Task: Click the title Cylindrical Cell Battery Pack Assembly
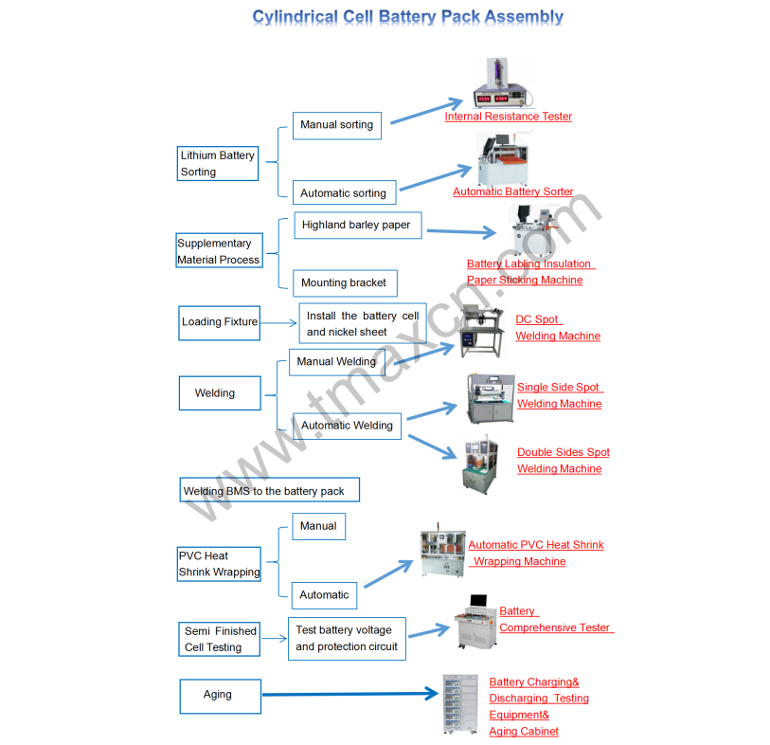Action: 407,17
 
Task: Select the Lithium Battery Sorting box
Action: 218,163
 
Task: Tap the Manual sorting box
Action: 336,125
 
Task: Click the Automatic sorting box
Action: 343,192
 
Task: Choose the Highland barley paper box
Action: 356,226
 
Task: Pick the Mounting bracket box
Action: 343,282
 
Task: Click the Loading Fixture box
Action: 220,322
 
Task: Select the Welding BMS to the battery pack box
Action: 270,491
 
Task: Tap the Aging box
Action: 220,695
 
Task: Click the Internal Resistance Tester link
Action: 509,117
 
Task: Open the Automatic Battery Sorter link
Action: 512,191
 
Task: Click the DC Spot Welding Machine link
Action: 557,328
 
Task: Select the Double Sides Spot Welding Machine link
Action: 563,461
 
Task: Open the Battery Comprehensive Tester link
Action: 555,620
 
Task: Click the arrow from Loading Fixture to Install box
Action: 279,322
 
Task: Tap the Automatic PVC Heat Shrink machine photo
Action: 442,554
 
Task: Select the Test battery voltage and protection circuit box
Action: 347,638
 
